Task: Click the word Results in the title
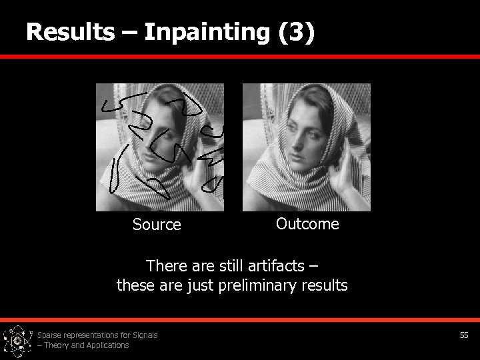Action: [x=69, y=31]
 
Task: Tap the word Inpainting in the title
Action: [x=203, y=33]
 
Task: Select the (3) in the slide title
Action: [x=297, y=33]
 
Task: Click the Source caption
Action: [x=157, y=225]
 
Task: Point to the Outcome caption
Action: [x=307, y=224]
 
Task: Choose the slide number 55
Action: [x=464, y=335]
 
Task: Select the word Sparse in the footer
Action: [x=49, y=335]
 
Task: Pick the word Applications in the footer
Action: [x=106, y=345]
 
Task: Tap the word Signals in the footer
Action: [x=145, y=335]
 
